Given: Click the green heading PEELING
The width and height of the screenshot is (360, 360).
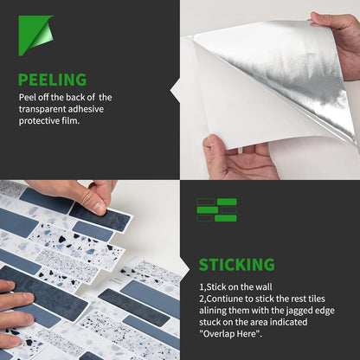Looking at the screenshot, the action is click(x=52, y=80).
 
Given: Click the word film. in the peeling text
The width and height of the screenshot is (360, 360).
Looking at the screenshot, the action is click(x=71, y=120).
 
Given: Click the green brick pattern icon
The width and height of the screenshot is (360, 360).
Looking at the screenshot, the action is click(x=217, y=209).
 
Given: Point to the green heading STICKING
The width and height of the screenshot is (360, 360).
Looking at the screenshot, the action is click(x=237, y=265).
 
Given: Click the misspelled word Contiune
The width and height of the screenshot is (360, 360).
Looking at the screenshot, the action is click(x=225, y=299).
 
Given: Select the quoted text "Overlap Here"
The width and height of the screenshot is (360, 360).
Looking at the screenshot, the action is click(x=231, y=334).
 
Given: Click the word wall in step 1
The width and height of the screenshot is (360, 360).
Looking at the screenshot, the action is click(x=263, y=287).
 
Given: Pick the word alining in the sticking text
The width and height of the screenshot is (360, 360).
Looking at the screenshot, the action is click(x=213, y=311).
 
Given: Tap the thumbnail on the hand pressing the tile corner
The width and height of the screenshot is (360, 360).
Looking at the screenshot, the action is click(x=100, y=207).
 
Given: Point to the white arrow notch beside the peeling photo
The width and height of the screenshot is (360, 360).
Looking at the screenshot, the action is click(x=175, y=91).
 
